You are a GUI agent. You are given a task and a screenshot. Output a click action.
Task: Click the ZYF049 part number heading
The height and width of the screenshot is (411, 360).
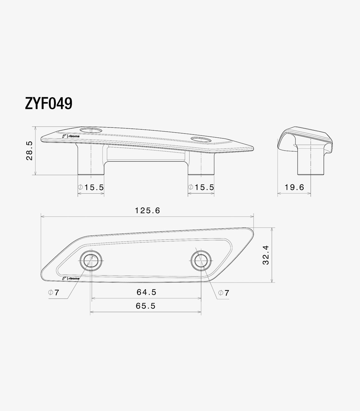click(49, 104)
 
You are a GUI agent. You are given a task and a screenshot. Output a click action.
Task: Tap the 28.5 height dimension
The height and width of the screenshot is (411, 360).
click(29, 151)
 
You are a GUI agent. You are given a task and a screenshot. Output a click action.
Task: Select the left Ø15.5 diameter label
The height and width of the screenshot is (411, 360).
click(91, 188)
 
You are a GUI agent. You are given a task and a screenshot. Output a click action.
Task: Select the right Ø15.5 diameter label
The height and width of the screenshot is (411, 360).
click(201, 188)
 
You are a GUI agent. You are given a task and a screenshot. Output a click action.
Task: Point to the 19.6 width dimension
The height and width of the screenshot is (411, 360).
click(294, 188)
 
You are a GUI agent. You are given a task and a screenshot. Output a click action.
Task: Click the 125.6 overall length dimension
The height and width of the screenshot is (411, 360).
click(148, 211)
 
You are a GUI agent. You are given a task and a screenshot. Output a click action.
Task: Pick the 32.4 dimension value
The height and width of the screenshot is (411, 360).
click(266, 255)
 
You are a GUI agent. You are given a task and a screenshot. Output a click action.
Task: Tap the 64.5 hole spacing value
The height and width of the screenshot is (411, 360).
click(147, 292)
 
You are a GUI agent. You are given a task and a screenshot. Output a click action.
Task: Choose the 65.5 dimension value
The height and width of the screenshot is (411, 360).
click(146, 306)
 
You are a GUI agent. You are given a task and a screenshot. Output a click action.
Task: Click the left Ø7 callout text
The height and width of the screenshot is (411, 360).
click(54, 293)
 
